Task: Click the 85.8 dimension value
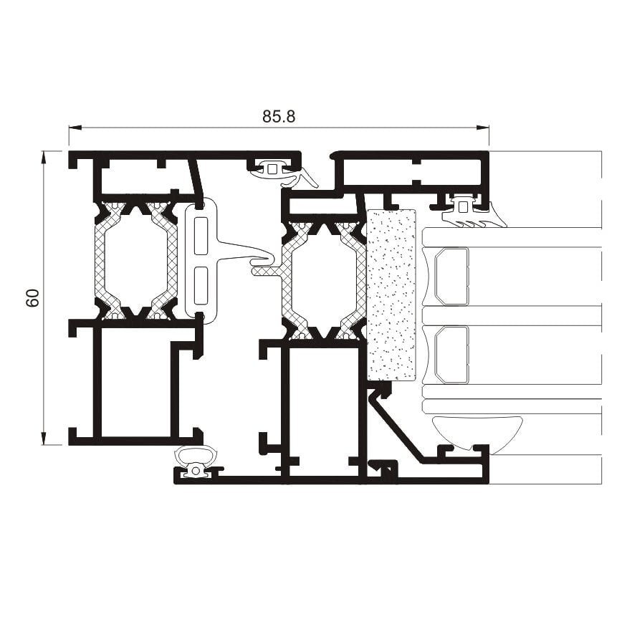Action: click(279, 116)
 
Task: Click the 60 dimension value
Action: click(33, 297)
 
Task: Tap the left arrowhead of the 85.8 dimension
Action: click(75, 128)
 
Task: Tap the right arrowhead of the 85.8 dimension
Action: click(483, 128)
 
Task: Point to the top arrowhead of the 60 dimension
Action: click(44, 158)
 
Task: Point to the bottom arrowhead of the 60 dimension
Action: click(44, 439)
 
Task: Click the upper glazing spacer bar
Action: click(451, 277)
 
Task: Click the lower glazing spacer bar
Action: click(451, 355)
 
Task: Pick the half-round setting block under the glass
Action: click(477, 434)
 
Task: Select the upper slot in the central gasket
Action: click(201, 236)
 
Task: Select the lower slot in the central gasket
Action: click(201, 285)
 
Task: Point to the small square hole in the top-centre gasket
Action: click(272, 168)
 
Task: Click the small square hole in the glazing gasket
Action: click(463, 207)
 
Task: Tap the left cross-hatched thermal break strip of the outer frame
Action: click(105, 261)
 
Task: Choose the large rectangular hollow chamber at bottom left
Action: click(136, 382)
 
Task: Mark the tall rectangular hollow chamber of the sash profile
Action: click(323, 412)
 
